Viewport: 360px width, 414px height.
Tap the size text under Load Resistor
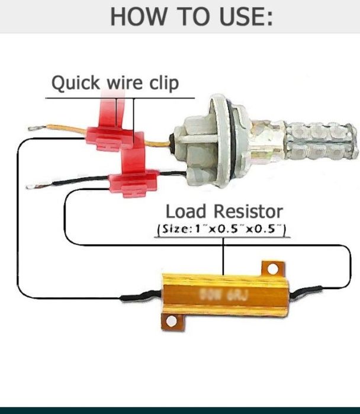221,229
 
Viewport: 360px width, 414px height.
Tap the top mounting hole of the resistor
272,269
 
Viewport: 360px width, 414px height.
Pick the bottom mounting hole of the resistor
172,322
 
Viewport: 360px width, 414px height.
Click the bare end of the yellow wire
33,126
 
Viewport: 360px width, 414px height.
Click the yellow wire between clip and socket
157,143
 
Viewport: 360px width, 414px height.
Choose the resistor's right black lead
307,290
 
